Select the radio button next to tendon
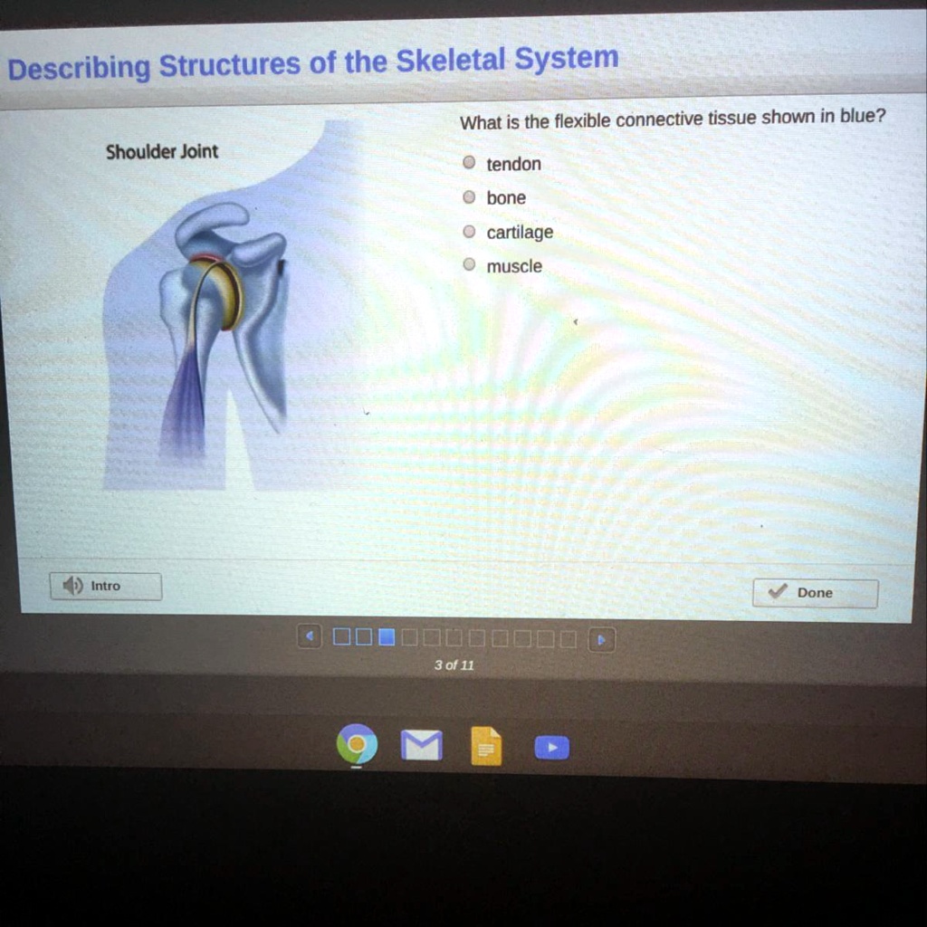(469, 163)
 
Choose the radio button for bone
(469, 197)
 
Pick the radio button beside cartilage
(469, 232)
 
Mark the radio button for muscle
(469, 265)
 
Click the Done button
(815, 593)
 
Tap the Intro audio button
(105, 586)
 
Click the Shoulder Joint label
(162, 151)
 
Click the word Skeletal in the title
(450, 61)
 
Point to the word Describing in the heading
(79, 68)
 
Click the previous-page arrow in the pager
(310, 637)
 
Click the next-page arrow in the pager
(601, 639)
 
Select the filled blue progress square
(387, 637)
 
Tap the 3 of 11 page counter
(454, 665)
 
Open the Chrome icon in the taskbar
(356, 746)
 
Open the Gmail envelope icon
(421, 746)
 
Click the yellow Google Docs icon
(486, 747)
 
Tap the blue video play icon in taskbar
(551, 748)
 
